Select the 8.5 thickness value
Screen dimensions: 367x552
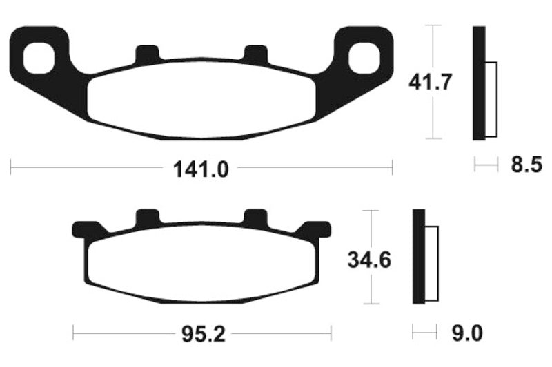(527, 165)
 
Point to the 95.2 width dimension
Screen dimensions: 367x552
(202, 335)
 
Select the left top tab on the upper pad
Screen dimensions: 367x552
(146, 54)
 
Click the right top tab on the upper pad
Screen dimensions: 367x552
(257, 54)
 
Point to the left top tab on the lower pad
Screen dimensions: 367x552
(146, 218)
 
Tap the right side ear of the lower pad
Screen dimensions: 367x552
(317, 228)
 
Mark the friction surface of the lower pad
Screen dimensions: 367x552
(201, 262)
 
